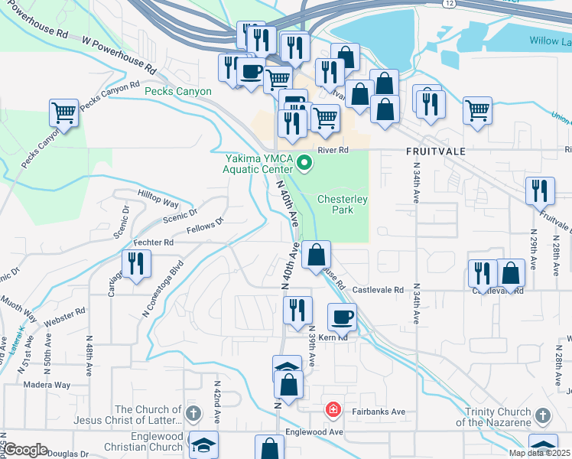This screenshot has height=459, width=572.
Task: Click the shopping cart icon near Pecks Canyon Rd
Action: tap(63, 113)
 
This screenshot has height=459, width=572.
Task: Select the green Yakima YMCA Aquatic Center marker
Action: tap(304, 161)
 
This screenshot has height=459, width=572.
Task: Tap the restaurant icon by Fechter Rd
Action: tap(137, 264)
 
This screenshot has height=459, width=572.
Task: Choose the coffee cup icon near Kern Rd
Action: tap(342, 316)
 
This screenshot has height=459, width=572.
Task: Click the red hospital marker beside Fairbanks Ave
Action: tap(332, 410)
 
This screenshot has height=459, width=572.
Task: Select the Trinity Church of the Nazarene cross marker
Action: tap(542, 416)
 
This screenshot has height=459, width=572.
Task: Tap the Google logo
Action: tap(25, 450)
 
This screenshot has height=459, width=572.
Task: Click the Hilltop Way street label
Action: tap(158, 199)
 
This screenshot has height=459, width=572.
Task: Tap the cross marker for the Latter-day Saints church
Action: tap(193, 415)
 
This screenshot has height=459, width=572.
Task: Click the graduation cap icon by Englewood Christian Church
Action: tap(204, 444)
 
